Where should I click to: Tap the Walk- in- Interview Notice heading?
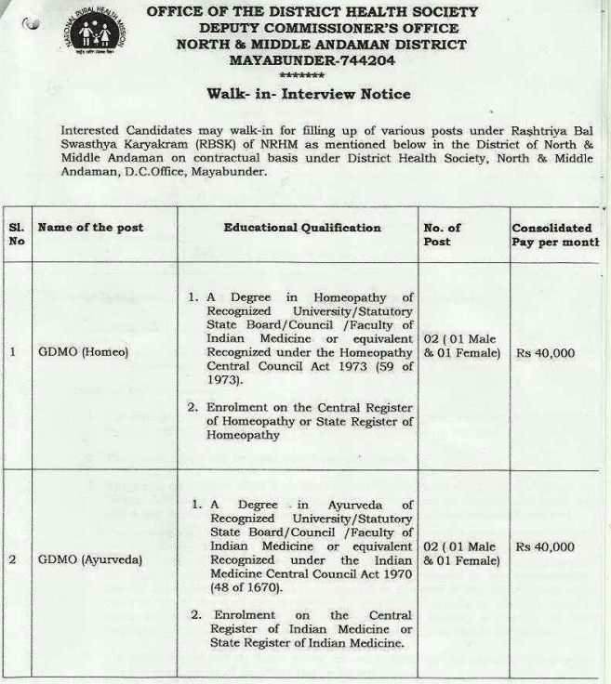308,94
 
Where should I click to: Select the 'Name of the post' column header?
90,228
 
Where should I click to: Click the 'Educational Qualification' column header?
301,228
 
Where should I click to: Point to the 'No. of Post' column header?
443,234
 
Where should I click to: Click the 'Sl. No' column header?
18,234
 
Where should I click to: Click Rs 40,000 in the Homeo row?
545,353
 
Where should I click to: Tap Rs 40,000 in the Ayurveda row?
545,547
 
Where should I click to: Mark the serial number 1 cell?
14,352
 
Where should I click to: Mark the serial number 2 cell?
14,561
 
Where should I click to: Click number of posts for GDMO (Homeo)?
460,346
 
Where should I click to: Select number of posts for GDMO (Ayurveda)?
460,554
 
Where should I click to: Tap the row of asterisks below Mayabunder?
301,74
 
